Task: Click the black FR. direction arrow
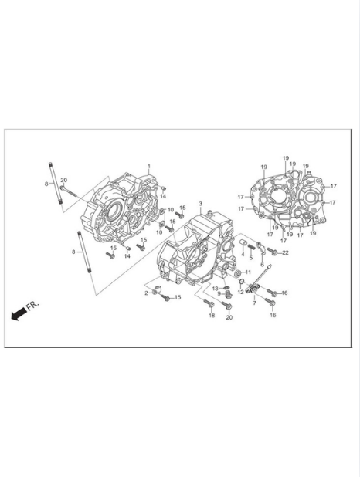pyautogui.click(x=19, y=313)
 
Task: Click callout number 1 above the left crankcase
pyautogui.click(x=149, y=166)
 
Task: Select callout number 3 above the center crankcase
pyautogui.click(x=200, y=203)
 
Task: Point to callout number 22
pyautogui.click(x=285, y=252)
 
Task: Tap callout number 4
pyautogui.click(x=243, y=254)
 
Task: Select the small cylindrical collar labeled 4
pyautogui.click(x=243, y=243)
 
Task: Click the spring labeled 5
pyautogui.click(x=251, y=248)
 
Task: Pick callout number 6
pyautogui.click(x=262, y=265)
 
